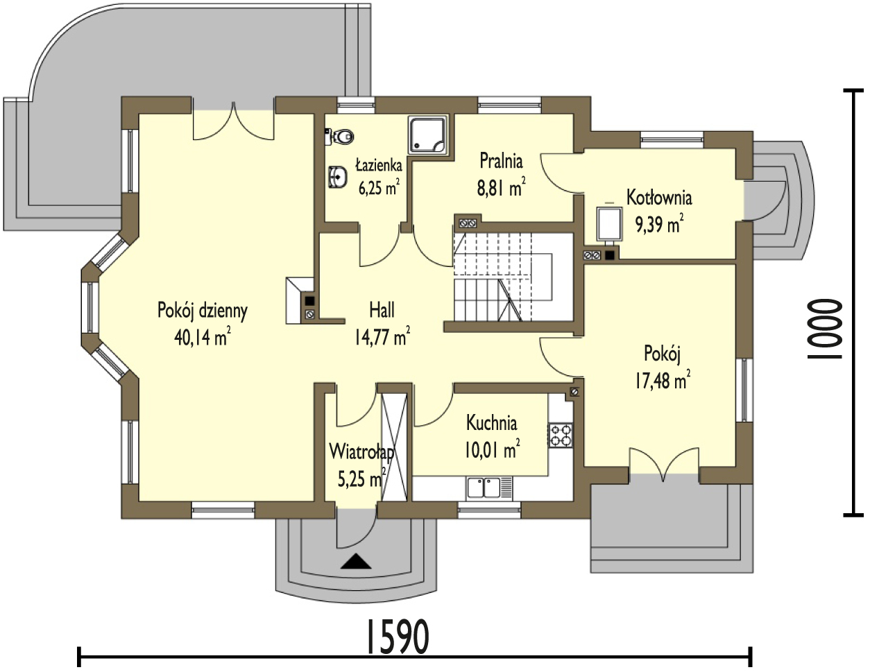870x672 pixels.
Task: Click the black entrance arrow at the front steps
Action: click(356, 561)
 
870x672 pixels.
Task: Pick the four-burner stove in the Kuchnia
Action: click(561, 435)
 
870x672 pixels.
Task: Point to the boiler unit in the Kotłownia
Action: click(609, 225)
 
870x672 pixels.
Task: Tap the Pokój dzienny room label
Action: click(203, 311)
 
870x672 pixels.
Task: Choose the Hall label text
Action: click(382, 310)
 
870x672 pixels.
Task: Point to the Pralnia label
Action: click(502, 162)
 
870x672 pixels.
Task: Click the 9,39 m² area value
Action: click(659, 223)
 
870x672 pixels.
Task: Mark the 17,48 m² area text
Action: click(662, 379)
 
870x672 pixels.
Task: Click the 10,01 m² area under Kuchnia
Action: click(493, 450)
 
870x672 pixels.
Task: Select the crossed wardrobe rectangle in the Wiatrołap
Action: click(394, 447)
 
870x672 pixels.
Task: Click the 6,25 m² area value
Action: click(378, 187)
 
